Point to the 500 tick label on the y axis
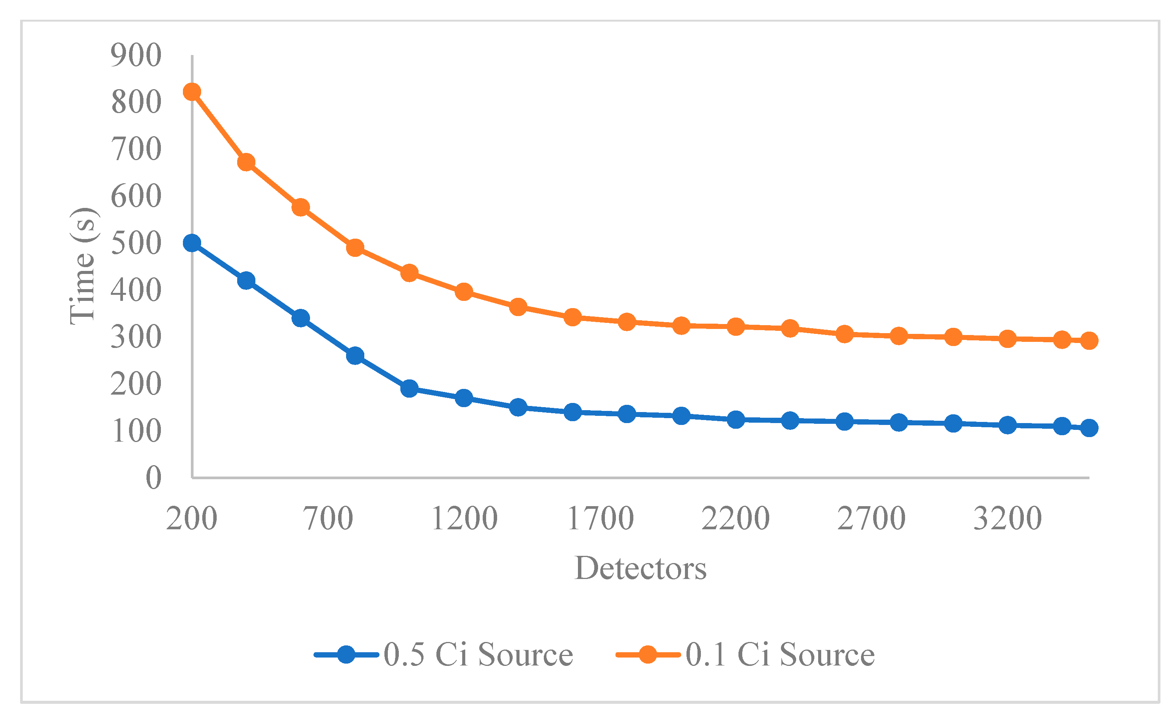click(136, 243)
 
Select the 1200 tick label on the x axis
click(464, 519)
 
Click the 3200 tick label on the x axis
click(1007, 519)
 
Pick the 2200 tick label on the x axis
click(735, 519)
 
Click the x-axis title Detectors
click(640, 569)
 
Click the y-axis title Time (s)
click(83, 266)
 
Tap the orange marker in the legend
click(648, 654)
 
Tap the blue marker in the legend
click(346, 654)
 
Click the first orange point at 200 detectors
click(192, 91)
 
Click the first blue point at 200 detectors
click(192, 243)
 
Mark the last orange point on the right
click(1089, 341)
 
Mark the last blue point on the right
click(1089, 428)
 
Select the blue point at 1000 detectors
click(409, 389)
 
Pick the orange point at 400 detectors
click(246, 162)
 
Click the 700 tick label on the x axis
click(328, 519)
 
